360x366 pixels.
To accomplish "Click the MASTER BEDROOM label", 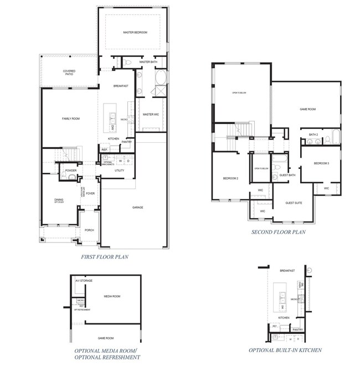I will [x=135, y=33].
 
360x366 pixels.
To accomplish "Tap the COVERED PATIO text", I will [x=69, y=73].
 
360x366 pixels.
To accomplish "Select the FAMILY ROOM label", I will [x=71, y=118].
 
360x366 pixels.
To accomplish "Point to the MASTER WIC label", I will [x=151, y=115].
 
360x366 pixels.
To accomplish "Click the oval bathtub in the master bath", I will [x=160, y=78].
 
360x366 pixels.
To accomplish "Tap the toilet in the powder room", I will [x=64, y=177].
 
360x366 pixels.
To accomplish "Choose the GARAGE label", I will [x=138, y=207].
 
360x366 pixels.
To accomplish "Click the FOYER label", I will [x=91, y=194].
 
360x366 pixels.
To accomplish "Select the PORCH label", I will [x=89, y=230].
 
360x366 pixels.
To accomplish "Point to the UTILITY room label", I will [x=120, y=171].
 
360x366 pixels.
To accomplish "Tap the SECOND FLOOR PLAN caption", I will [x=278, y=232].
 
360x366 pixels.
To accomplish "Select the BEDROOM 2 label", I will [x=231, y=178].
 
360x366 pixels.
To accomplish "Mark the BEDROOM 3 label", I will [x=321, y=163].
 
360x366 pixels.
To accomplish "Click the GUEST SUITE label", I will [x=294, y=203].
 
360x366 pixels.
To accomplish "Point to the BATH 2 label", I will [x=313, y=135].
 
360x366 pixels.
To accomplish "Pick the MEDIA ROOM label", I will [x=112, y=296].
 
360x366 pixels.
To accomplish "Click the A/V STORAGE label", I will [x=84, y=281].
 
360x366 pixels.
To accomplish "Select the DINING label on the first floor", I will [x=59, y=200].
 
